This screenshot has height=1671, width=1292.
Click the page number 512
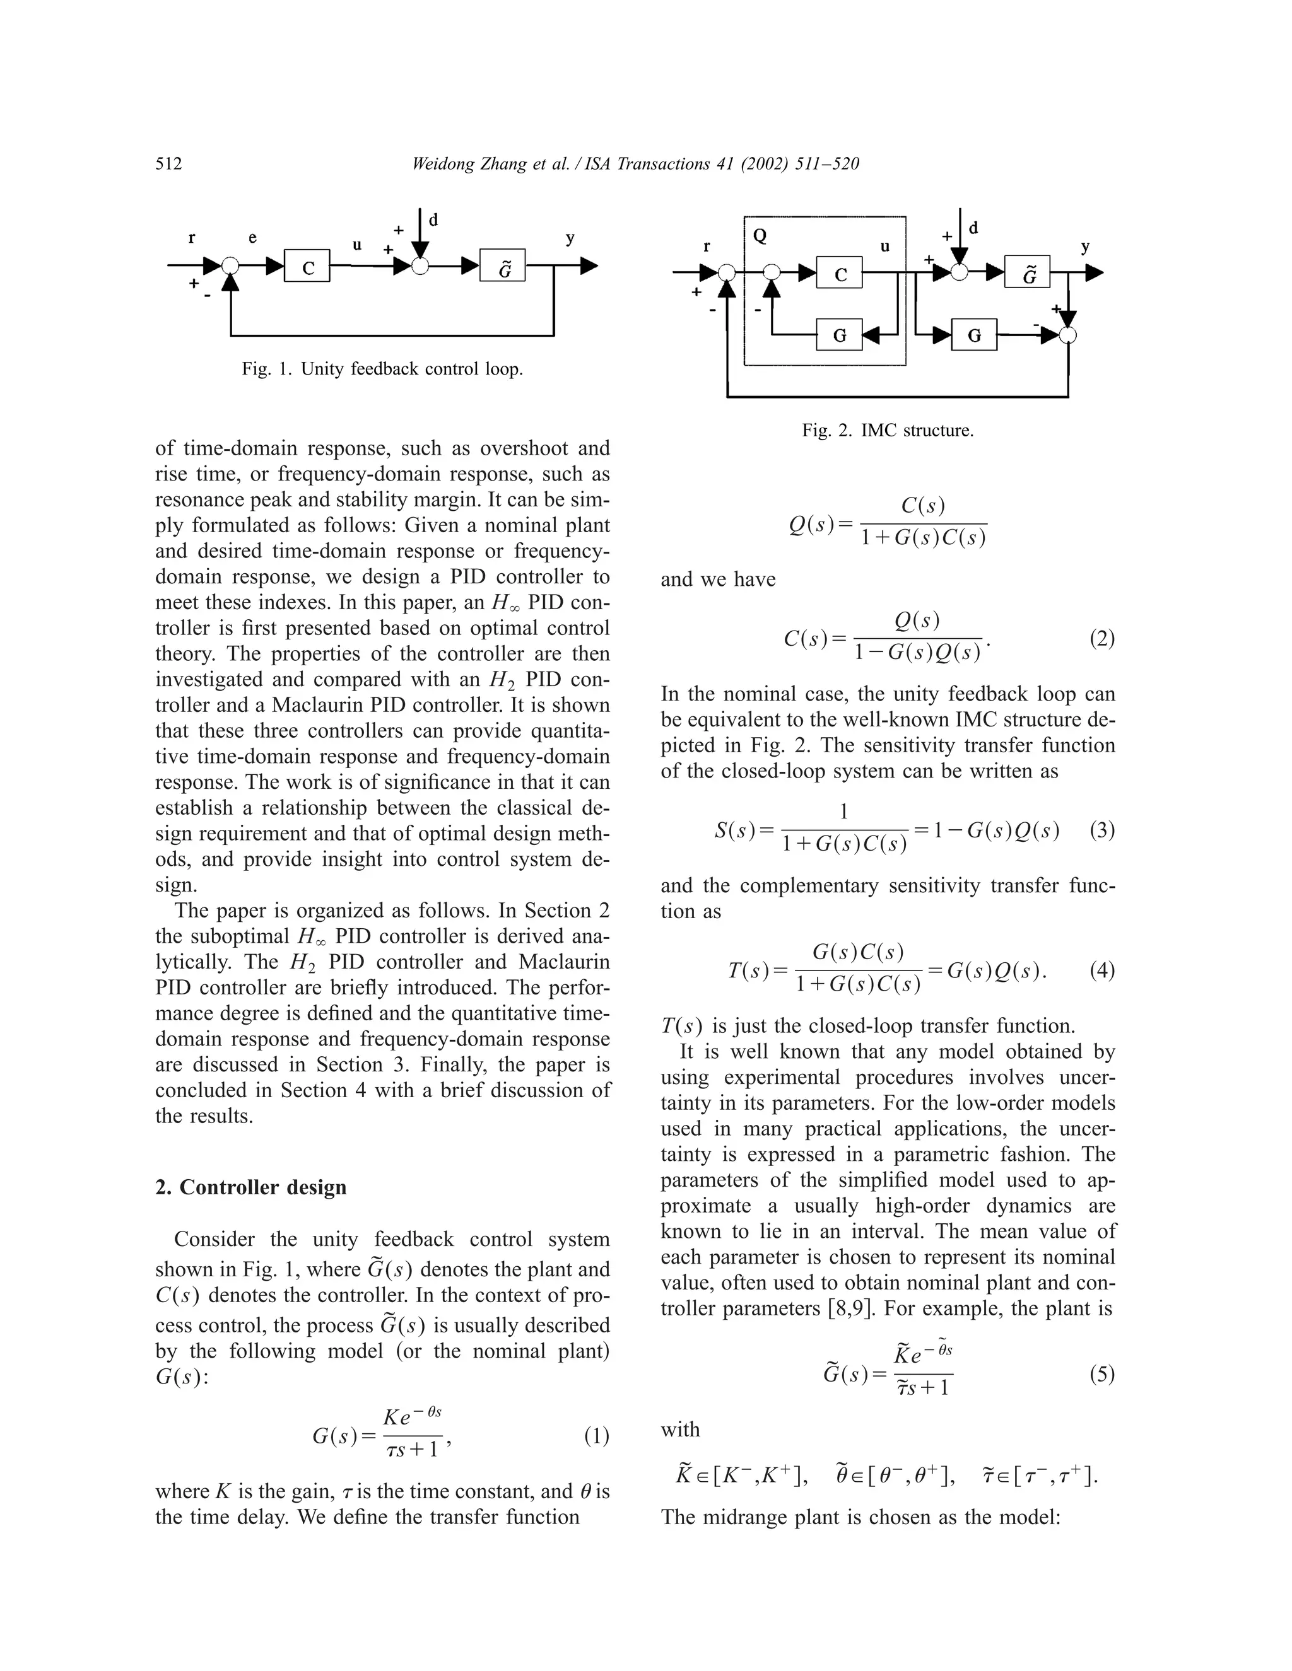[x=168, y=164]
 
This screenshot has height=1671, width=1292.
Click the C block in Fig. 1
[x=308, y=266]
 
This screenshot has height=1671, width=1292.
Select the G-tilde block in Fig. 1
[x=503, y=266]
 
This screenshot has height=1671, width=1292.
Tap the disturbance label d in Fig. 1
[x=433, y=220]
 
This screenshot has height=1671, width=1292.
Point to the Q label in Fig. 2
[x=760, y=236]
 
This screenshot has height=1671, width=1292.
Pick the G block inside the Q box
[x=840, y=335]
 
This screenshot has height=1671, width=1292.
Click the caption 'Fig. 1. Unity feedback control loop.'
[x=382, y=369]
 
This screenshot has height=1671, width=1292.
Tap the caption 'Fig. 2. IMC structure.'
[x=887, y=430]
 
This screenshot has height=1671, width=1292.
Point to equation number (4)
[x=1101, y=971]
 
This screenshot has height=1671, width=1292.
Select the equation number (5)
[x=1101, y=1374]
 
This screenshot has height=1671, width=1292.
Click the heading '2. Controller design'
[x=251, y=1187]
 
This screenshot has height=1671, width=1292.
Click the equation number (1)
[x=596, y=1436]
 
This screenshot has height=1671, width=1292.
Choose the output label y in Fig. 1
[x=570, y=238]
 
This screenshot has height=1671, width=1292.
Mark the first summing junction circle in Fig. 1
[x=230, y=266]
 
